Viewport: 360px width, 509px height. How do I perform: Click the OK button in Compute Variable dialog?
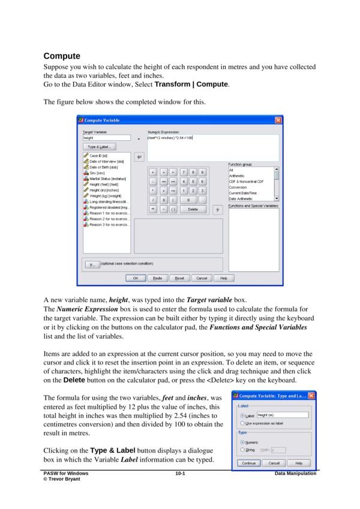click(136, 278)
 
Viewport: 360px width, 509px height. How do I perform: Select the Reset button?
click(179, 278)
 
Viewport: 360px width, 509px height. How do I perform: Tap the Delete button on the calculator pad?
click(193, 209)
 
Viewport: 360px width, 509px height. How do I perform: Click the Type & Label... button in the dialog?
click(99, 146)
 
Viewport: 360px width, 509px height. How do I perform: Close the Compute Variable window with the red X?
click(278, 120)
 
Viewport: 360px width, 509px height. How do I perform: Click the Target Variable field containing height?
click(106, 138)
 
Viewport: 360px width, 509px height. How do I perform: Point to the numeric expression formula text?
click(170, 138)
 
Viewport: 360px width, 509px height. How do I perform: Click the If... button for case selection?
click(92, 263)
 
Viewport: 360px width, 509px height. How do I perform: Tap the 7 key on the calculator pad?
click(184, 172)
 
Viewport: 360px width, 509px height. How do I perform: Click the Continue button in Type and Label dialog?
click(248, 463)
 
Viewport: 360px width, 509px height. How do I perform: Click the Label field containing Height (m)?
click(282, 415)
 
